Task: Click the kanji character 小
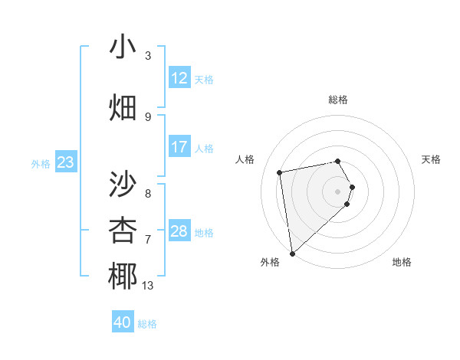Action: [x=123, y=48]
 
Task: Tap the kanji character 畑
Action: [x=123, y=107]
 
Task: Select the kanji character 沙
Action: [x=123, y=185]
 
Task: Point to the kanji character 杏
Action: [x=123, y=230]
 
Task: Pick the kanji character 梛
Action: [x=123, y=277]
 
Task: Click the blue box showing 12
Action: [x=179, y=78]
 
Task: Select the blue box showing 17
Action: [x=179, y=147]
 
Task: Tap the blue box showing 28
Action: [x=179, y=231]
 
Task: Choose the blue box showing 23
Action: [x=65, y=162]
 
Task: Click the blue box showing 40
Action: [x=123, y=322]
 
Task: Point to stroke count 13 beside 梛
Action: [x=147, y=286]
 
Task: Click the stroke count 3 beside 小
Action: [x=147, y=56]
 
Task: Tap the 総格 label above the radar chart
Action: [x=338, y=100]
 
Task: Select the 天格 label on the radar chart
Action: [x=431, y=159]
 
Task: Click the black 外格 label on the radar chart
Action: [x=270, y=262]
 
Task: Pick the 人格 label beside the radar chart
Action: [x=245, y=159]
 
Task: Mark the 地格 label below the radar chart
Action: [x=402, y=262]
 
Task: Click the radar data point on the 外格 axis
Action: [x=291, y=254]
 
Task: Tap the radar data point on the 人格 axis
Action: [x=280, y=172]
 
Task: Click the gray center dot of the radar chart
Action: [x=337, y=191]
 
